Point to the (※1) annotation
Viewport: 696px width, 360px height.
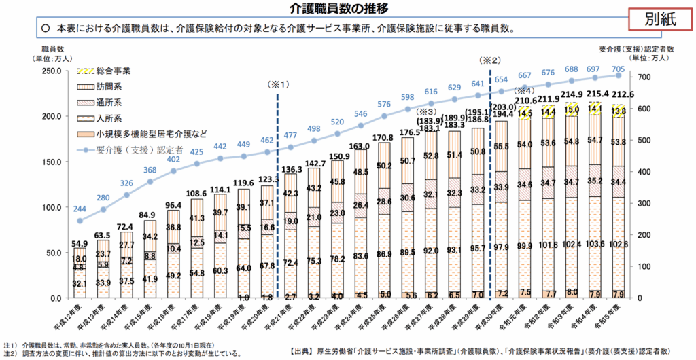[279, 86]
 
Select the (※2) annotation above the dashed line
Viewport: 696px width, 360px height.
[490, 59]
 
